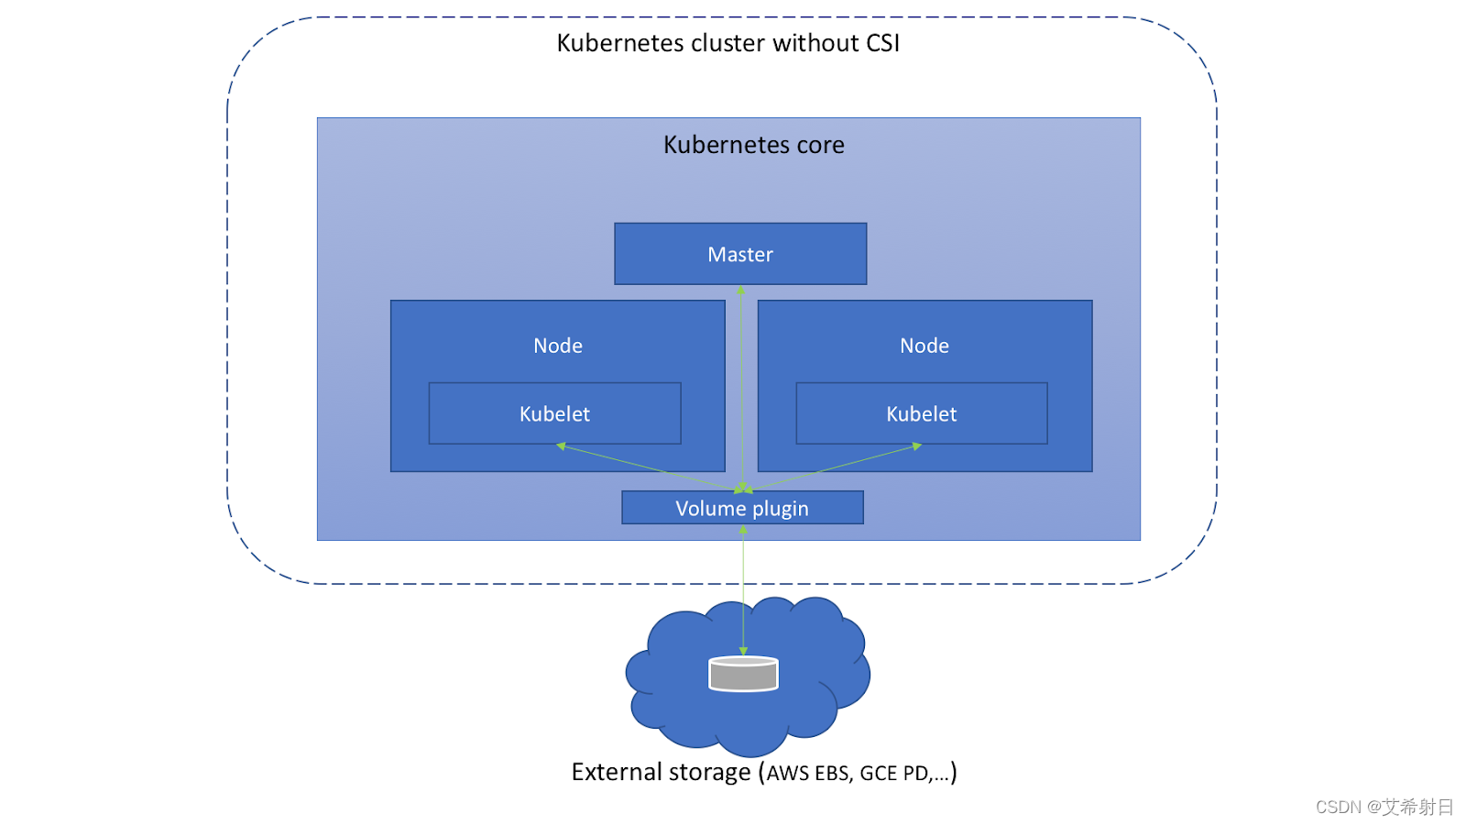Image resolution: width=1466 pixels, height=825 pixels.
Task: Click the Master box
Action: tap(740, 254)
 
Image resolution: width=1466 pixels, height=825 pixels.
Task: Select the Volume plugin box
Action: tap(742, 508)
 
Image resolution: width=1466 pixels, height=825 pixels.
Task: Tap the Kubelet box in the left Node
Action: tap(554, 413)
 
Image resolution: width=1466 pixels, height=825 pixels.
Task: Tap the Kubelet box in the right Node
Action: tap(921, 413)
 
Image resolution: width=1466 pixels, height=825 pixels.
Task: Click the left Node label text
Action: tap(558, 346)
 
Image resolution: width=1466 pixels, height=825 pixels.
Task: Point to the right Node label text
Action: tap(924, 346)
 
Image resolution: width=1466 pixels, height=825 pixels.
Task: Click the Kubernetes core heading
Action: tap(753, 145)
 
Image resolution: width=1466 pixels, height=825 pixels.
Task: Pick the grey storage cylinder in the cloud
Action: tap(743, 674)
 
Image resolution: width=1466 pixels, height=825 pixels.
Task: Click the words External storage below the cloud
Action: tap(661, 772)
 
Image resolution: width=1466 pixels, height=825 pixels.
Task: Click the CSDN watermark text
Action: tap(1384, 807)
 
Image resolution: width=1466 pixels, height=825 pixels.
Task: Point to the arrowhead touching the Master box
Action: tap(740, 291)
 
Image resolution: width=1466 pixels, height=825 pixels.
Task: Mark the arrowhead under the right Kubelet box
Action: tap(916, 446)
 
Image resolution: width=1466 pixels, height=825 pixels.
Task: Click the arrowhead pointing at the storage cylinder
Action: tap(743, 651)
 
